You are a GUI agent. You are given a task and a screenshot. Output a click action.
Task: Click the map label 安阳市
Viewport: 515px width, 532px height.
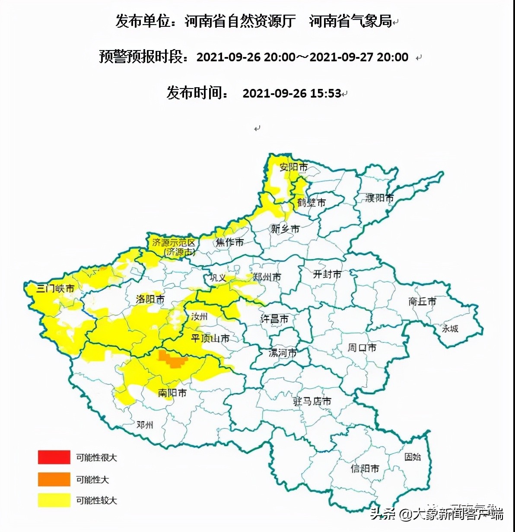(293, 167)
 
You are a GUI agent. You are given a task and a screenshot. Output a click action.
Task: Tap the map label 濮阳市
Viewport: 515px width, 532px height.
(380, 198)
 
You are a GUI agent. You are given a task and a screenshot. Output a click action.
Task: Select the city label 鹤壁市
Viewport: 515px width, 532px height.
(311, 202)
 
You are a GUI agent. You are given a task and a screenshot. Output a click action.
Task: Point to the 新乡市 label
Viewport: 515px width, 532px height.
(285, 228)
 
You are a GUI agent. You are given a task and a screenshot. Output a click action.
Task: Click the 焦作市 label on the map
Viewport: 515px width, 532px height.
(230, 242)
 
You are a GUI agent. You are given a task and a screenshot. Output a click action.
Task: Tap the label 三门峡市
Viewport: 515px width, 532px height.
(55, 288)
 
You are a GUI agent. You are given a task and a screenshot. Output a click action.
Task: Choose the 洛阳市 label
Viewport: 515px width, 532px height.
(150, 299)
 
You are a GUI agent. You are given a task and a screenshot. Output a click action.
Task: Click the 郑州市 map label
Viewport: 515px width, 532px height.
(267, 277)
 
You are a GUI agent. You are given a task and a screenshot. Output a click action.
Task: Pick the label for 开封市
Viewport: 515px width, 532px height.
(327, 274)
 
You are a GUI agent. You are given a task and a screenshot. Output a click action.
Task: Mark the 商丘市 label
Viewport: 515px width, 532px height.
(422, 301)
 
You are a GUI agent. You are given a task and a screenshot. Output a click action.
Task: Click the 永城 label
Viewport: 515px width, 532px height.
(450, 329)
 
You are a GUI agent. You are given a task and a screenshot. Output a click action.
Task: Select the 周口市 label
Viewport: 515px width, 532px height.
(362, 347)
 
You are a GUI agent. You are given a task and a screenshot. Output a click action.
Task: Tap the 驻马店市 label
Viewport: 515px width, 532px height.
(312, 401)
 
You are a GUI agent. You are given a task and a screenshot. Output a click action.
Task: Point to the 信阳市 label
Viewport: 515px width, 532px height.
(365, 468)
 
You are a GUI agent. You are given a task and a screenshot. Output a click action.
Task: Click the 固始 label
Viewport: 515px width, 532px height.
(412, 456)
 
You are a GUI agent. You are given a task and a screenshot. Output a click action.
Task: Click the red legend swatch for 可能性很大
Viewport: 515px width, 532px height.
(54, 457)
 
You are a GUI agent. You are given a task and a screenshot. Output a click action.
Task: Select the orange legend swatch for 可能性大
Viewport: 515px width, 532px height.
(54, 479)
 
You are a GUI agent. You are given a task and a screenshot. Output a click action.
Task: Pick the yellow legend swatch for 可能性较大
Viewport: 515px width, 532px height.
(54, 500)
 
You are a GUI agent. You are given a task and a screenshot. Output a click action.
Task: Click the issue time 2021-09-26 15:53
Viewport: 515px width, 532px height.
(292, 93)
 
